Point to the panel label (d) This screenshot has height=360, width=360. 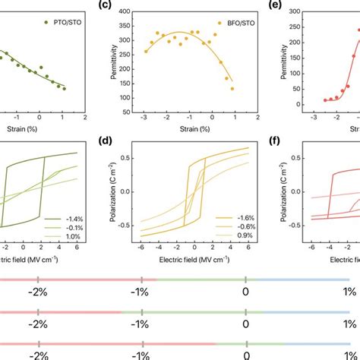110,140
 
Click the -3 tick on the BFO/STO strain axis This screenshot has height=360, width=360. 144,116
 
